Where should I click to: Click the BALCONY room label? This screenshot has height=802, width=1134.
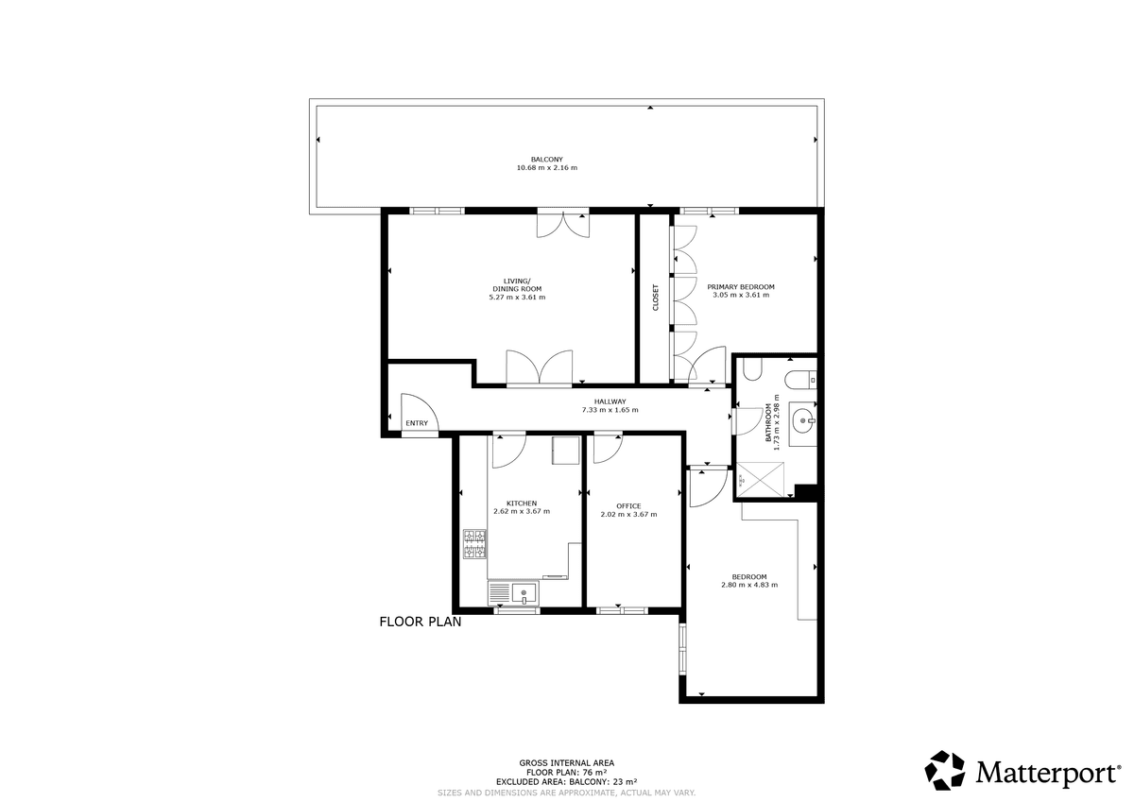547,160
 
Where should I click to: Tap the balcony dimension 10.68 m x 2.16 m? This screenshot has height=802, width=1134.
547,167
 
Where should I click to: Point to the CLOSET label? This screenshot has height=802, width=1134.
656,297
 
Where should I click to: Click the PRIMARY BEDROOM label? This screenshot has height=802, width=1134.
741,287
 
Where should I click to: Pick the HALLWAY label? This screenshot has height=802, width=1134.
610,401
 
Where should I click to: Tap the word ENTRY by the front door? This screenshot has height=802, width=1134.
417,423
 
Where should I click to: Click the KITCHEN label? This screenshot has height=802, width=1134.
522,503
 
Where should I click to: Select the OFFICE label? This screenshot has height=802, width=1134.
628,506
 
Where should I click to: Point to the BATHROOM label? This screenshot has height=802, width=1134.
768,422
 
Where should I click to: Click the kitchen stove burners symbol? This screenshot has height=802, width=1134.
474,544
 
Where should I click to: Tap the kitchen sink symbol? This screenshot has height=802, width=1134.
514,593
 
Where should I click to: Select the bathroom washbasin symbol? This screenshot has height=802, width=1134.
803,420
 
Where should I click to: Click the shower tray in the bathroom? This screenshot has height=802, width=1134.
760,480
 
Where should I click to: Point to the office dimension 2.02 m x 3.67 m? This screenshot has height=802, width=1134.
628,515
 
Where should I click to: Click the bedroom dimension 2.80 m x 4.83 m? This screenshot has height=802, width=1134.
749,585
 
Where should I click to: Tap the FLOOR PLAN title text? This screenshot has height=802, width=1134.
421,622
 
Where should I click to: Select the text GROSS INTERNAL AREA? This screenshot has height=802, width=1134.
566,763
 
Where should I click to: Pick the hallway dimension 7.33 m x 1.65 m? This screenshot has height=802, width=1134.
610,410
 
